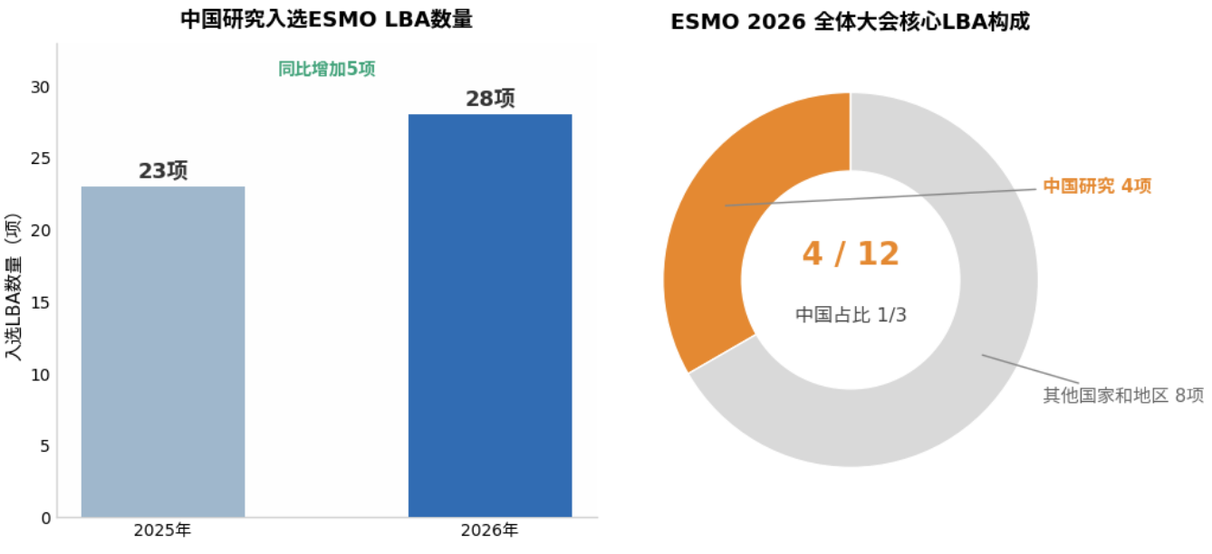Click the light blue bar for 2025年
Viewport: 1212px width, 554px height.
(163, 352)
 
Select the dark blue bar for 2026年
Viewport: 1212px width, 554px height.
(490, 316)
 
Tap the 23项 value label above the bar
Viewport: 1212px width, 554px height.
(163, 171)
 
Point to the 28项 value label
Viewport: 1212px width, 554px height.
(490, 99)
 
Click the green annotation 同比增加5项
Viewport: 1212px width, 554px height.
(326, 69)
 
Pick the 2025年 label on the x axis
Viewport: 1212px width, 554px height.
(162, 530)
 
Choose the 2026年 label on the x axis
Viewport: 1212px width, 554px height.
(490, 530)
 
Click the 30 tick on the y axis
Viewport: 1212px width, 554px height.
(41, 87)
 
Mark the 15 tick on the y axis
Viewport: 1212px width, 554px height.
(41, 302)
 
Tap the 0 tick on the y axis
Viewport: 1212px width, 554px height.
(46, 519)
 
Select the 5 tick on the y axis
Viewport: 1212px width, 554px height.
(45, 446)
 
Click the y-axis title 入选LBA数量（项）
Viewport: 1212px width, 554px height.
(13, 287)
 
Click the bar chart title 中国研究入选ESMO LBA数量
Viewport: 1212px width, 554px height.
(326, 19)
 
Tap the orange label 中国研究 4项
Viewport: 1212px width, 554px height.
(1097, 186)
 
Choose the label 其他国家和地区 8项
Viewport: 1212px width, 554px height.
(1123, 395)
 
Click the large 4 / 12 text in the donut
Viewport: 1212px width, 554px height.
(851, 253)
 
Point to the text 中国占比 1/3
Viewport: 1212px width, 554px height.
(851, 314)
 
